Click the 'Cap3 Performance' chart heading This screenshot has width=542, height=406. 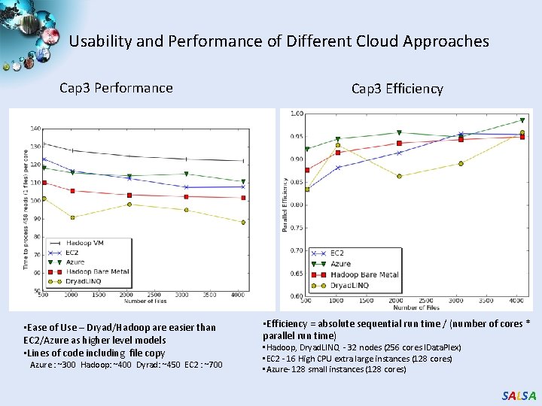[x=116, y=88]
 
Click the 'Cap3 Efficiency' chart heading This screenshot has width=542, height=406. [x=397, y=89]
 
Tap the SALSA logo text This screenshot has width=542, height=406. [x=519, y=395]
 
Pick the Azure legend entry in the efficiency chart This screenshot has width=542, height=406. [x=340, y=264]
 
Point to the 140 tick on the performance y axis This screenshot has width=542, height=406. [x=35, y=129]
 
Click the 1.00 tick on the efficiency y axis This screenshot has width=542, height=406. [x=297, y=114]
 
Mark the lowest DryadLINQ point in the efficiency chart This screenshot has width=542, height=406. [x=307, y=189]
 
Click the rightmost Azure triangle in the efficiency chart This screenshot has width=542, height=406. [x=522, y=120]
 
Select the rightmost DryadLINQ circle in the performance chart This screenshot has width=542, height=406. [x=243, y=222]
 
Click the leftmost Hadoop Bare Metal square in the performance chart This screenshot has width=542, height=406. [x=44, y=183]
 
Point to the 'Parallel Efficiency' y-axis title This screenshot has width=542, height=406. [x=285, y=205]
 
